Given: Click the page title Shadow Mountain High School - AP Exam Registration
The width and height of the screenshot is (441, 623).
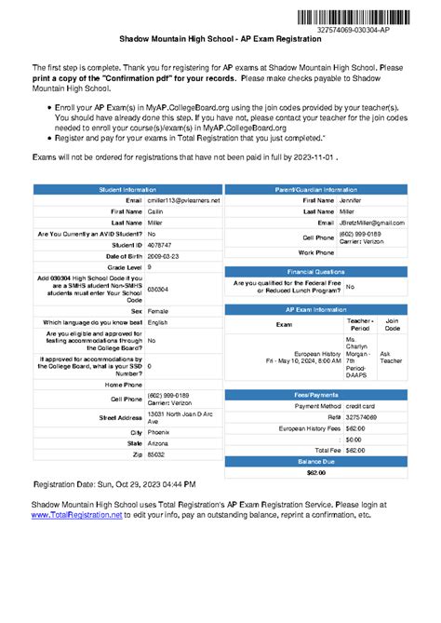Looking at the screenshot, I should (x=220, y=43).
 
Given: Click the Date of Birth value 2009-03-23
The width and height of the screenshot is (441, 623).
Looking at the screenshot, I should (x=164, y=255).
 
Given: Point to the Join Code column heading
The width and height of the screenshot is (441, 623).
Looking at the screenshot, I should (x=393, y=324).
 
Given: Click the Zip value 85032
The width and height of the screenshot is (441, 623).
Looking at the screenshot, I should (x=156, y=455).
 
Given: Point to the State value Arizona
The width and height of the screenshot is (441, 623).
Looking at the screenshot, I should (x=159, y=444).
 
